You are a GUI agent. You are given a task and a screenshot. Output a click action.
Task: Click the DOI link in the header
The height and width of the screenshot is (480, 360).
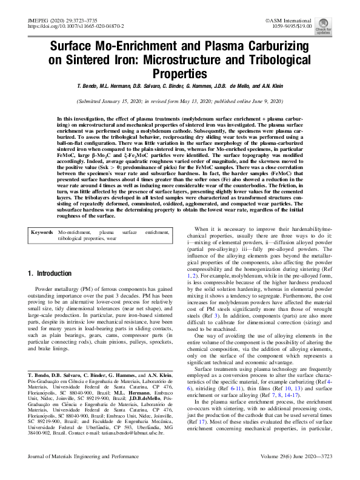(x=59, y=28)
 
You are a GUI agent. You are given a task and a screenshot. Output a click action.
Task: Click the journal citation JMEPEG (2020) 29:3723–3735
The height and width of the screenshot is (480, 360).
(x=53, y=21)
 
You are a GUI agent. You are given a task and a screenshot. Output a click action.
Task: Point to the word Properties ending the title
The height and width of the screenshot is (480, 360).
(x=179, y=73)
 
